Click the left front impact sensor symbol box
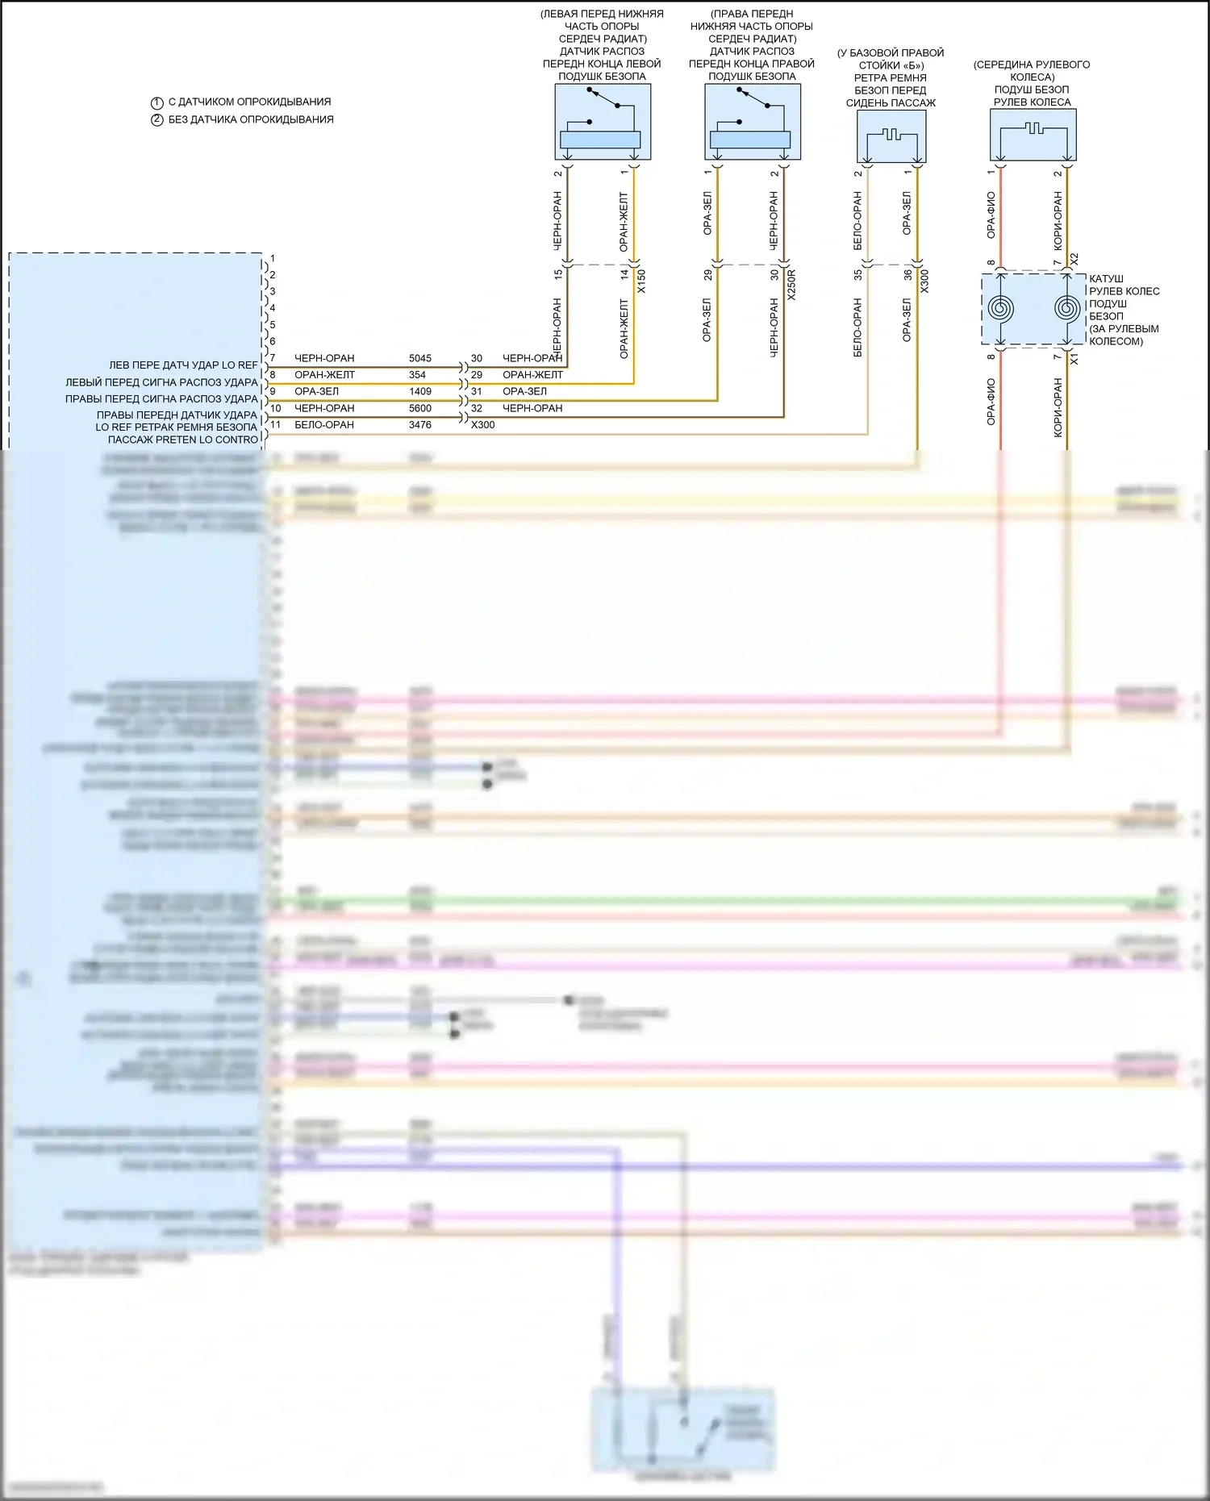(x=603, y=122)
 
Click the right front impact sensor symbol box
(x=753, y=122)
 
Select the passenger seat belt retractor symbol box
(x=891, y=136)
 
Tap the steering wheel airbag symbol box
(x=1033, y=135)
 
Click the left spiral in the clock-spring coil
(x=1001, y=309)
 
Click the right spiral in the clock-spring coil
(x=1067, y=309)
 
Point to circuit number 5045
(x=420, y=358)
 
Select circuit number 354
(x=417, y=375)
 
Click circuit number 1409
(x=420, y=391)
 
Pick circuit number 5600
(x=420, y=408)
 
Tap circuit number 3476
(x=420, y=425)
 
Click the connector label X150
(x=641, y=281)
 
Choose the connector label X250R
(x=791, y=285)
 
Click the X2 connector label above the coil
(x=1074, y=259)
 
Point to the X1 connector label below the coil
(x=1074, y=359)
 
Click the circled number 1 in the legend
(x=157, y=103)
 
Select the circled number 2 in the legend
(x=157, y=120)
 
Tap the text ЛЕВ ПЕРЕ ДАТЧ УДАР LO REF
(x=183, y=365)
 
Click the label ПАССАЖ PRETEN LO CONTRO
(x=183, y=440)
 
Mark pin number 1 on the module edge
(x=273, y=259)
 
